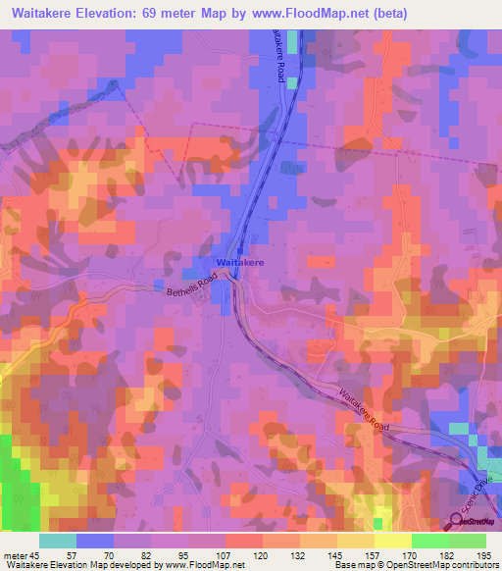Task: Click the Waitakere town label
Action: (239, 264)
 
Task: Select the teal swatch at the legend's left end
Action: (58, 541)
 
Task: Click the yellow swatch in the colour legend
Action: (392, 541)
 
